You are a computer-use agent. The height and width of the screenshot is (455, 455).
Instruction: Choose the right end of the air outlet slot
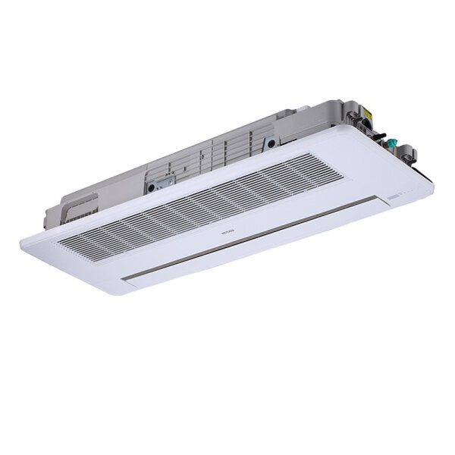pyautogui.click(x=376, y=199)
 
